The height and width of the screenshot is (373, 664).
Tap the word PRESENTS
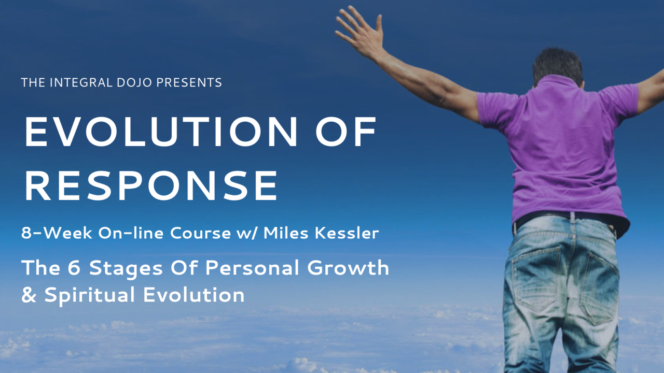pyautogui.click(x=189, y=82)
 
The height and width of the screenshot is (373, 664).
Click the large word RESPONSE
pyautogui.click(x=151, y=185)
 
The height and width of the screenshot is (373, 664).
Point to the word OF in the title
pyautogui.click(x=346, y=131)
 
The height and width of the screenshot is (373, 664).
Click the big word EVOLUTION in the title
pyautogui.click(x=161, y=131)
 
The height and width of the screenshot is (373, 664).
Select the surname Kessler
pyautogui.click(x=347, y=233)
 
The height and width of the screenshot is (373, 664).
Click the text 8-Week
pyautogui.click(x=57, y=233)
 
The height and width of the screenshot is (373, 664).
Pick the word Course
pyautogui.click(x=200, y=234)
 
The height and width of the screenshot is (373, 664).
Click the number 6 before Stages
pyautogui.click(x=74, y=268)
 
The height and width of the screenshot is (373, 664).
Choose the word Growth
pyautogui.click(x=348, y=268)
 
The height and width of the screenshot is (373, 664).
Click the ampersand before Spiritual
pyautogui.click(x=29, y=295)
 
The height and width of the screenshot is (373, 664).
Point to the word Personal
pyautogui.click(x=252, y=268)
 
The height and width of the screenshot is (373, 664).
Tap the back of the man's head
pyautogui.click(x=557, y=67)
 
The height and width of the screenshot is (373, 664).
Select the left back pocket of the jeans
pyautogui.click(x=535, y=278)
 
